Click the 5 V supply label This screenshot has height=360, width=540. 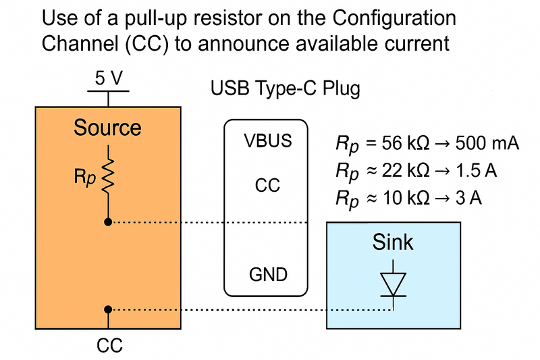pos(108,79)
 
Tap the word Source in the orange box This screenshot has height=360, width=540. pos(107,128)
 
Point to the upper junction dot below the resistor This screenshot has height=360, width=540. pos(107,222)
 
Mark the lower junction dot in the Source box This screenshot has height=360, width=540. pos(107,309)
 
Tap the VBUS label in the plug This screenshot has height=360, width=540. pos(267,142)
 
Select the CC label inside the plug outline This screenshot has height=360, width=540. pos(267,186)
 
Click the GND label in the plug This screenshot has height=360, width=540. pos(267,275)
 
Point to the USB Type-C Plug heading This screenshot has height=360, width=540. pos(286,88)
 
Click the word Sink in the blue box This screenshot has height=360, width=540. pos(393,242)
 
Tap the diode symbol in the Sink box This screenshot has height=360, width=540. pos(393,284)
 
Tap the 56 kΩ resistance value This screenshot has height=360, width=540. pos(410,144)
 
